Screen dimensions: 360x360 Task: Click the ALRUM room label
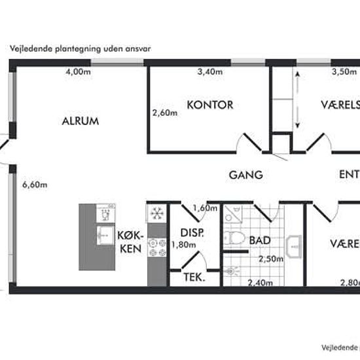coord(80,121)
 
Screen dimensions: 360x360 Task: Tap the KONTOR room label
coord(209,105)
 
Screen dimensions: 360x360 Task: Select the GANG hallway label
coord(245,175)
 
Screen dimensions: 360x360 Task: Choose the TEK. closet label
coord(194,278)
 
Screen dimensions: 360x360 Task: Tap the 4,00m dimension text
coord(77,73)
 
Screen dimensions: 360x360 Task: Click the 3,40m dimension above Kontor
coord(209,73)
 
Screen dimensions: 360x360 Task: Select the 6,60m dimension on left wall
coord(35,185)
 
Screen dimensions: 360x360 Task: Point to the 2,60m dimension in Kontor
coord(165,112)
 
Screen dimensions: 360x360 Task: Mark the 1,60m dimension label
coord(205,208)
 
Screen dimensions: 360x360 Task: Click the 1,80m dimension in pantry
coord(183,245)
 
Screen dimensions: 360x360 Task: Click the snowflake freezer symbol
coord(157,213)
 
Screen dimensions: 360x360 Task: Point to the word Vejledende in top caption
coord(29,48)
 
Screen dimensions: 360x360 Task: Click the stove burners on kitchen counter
coord(157,247)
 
